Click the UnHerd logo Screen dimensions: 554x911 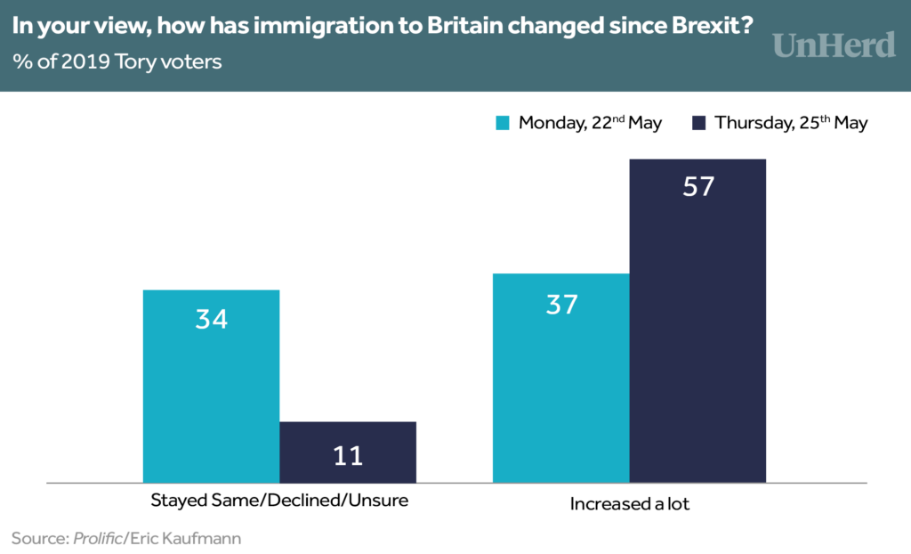(834, 45)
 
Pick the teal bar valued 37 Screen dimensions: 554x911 (561, 378)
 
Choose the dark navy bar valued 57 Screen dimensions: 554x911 (697, 321)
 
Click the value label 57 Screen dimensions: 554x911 (697, 187)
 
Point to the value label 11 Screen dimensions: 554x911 (348, 456)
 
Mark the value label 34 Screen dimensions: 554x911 (211, 318)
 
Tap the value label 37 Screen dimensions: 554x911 (561, 305)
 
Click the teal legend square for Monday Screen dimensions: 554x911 (503, 123)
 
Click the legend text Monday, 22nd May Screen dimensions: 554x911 (590, 123)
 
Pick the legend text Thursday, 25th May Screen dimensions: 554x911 (791, 123)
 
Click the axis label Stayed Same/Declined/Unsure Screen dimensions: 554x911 (279, 500)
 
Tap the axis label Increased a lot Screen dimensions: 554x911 (630, 503)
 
